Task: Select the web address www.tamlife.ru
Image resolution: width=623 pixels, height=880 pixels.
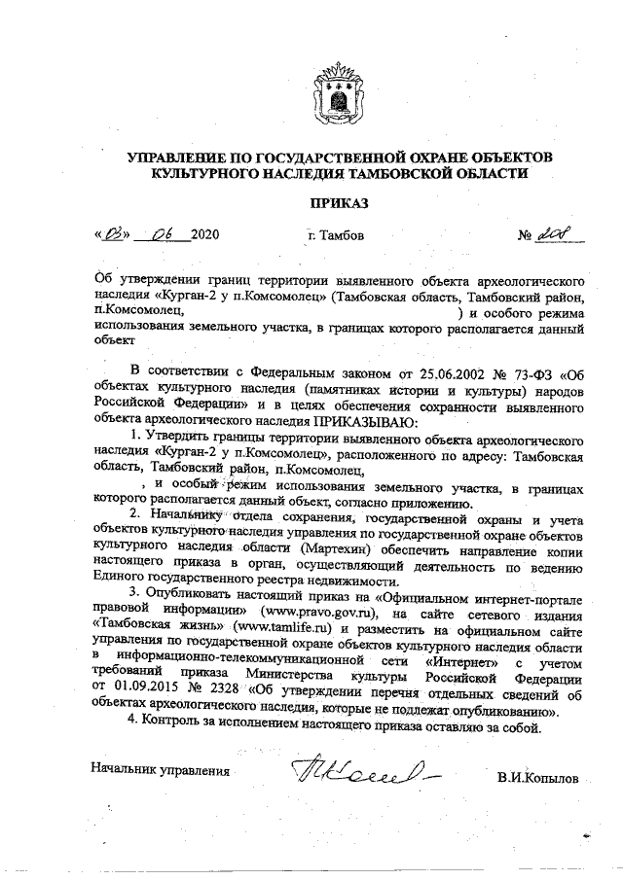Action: point(289,630)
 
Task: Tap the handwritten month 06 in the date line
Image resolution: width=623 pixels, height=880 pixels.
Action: point(158,234)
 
